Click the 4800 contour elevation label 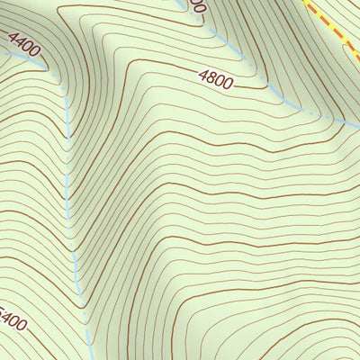[x=216, y=80]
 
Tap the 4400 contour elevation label [x=24, y=44]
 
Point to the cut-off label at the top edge [x=197, y=5]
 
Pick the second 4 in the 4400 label [x=21, y=41]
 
